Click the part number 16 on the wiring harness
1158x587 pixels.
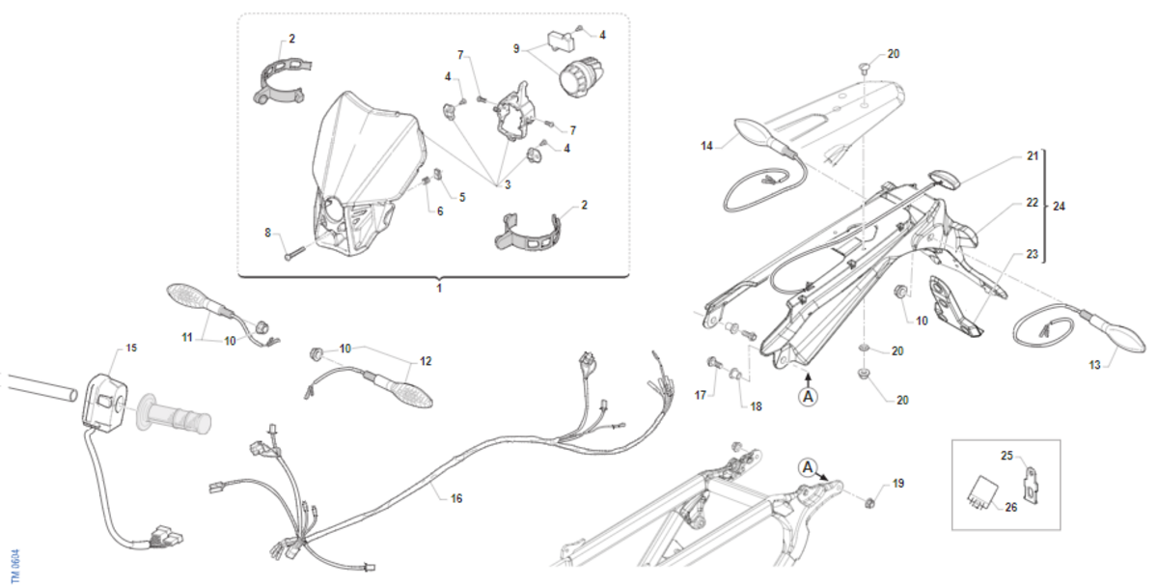pyautogui.click(x=455, y=498)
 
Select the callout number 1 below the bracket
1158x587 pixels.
pyautogui.click(x=439, y=288)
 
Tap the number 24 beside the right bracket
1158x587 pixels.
pyautogui.click(x=1059, y=207)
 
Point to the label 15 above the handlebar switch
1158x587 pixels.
pyautogui.click(x=131, y=349)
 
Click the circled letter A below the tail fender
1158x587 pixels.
pyautogui.click(x=808, y=397)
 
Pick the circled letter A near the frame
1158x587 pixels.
pyautogui.click(x=807, y=467)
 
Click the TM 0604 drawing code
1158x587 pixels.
pyautogui.click(x=15, y=567)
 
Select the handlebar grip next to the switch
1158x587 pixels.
pyautogui.click(x=174, y=414)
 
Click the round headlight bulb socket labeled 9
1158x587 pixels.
pyautogui.click(x=581, y=78)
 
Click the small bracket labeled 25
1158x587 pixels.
pyautogui.click(x=1031, y=486)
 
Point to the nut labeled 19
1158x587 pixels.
pyautogui.click(x=869, y=502)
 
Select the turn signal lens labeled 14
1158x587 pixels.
pyautogui.click(x=758, y=133)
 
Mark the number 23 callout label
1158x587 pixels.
pyautogui.click(x=1032, y=254)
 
